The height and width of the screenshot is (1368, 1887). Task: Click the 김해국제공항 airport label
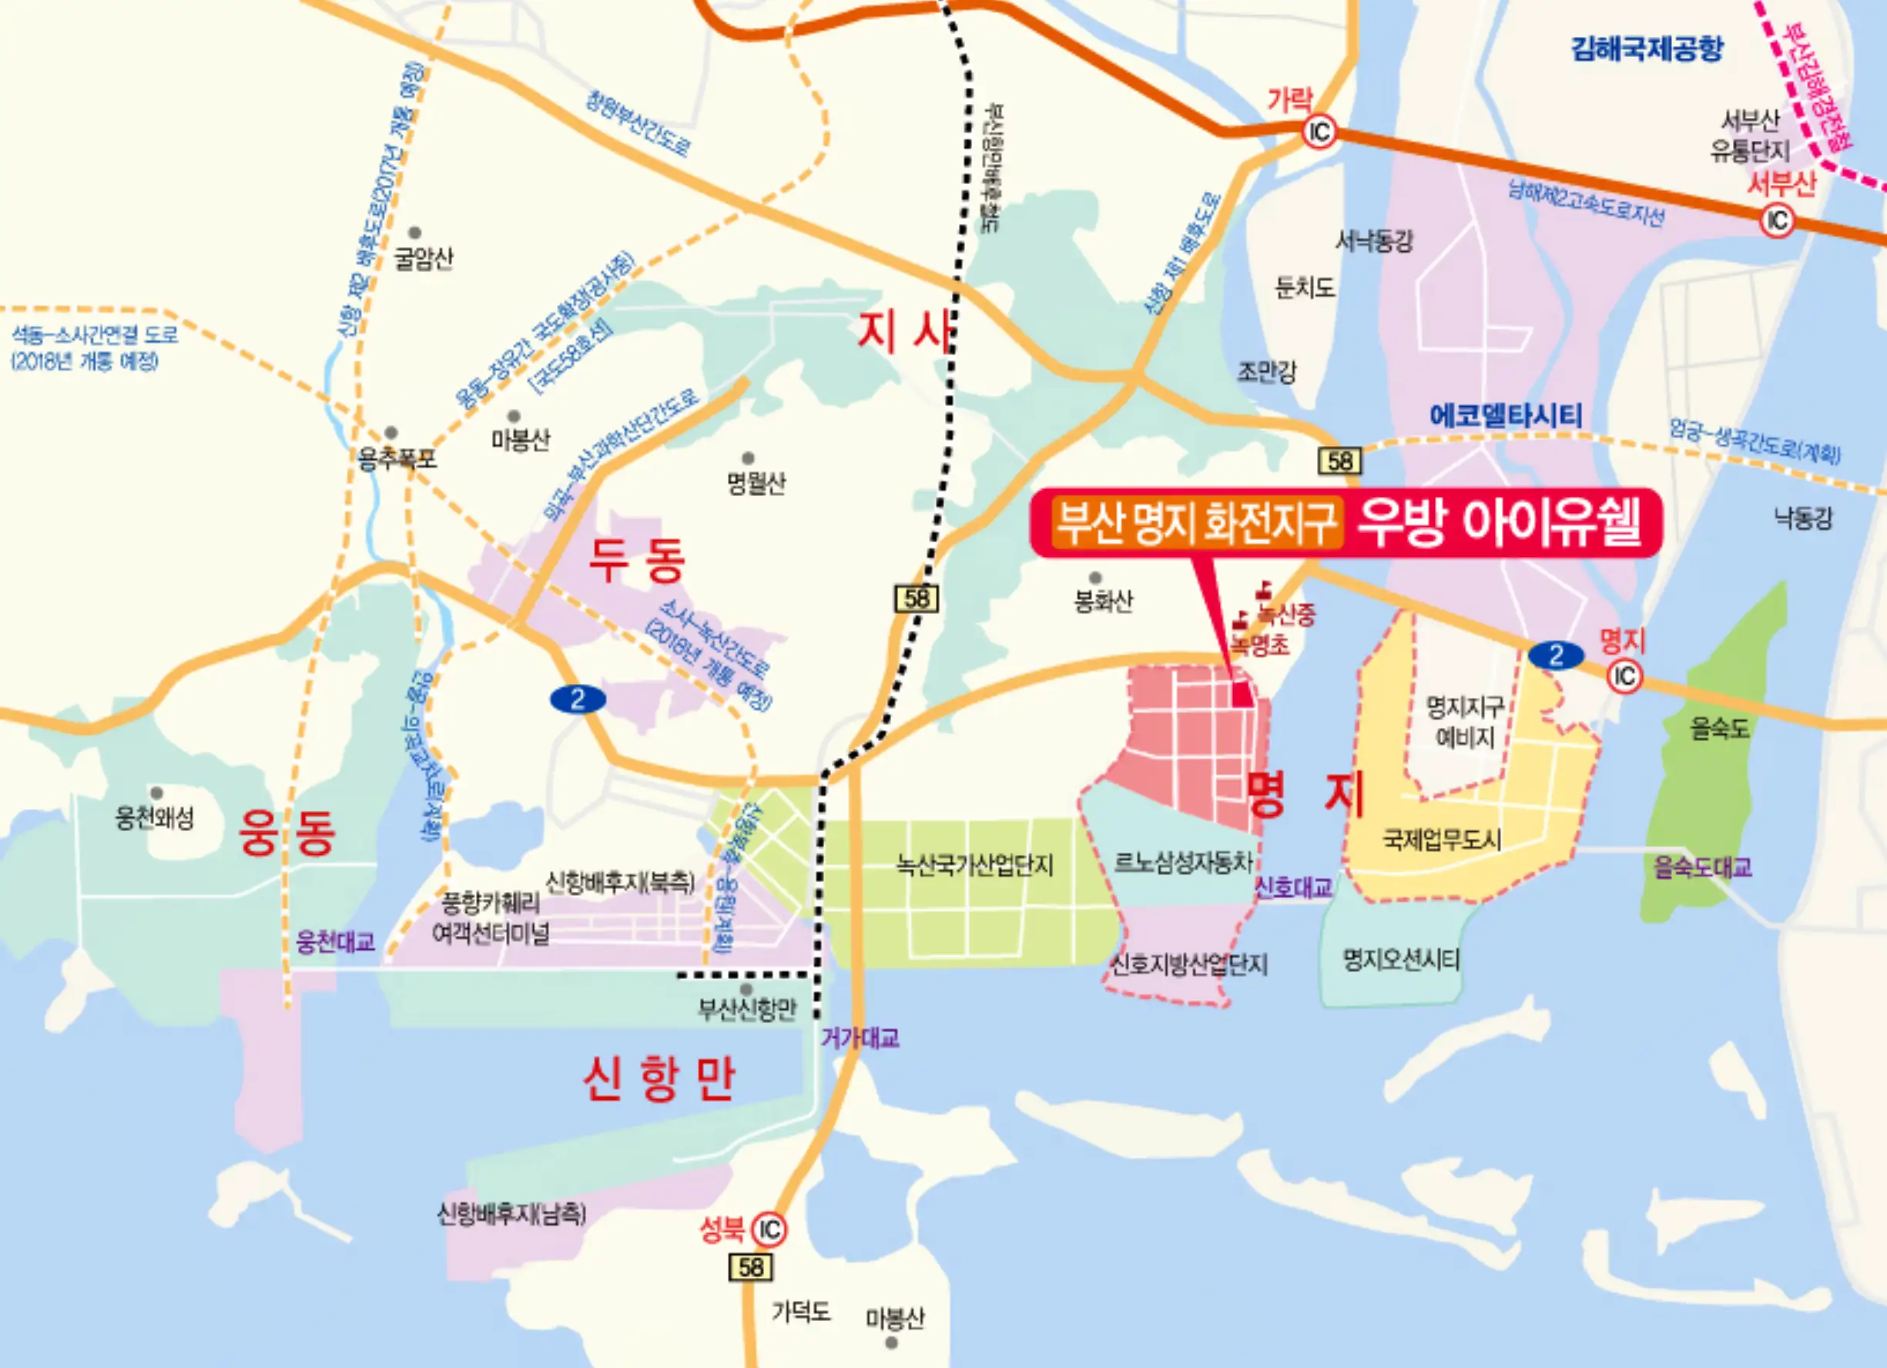tap(1647, 49)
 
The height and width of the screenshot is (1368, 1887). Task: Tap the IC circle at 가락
tap(1319, 132)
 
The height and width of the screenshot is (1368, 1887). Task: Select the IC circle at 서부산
tap(1777, 220)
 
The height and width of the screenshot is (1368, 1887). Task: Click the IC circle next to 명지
tap(1624, 676)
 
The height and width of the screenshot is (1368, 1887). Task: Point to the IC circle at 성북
tap(769, 1229)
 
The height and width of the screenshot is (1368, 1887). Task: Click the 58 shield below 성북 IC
tap(750, 1267)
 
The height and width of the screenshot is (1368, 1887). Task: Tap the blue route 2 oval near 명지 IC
tap(1556, 655)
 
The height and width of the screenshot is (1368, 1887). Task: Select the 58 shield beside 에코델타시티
tap(1339, 460)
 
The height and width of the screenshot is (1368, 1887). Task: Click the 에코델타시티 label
tap(1505, 415)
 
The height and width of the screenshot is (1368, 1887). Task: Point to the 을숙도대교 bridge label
tap(1702, 867)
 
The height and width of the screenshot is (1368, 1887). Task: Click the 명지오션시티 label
tap(1401, 961)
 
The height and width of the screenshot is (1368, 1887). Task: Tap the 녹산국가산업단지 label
tap(974, 866)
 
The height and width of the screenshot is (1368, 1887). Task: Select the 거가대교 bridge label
tap(860, 1038)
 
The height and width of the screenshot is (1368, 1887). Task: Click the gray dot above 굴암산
tap(414, 233)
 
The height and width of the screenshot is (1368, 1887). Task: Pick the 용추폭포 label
tap(396, 458)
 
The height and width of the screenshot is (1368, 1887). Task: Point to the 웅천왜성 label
tap(155, 817)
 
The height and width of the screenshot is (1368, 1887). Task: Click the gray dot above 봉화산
tap(1095, 578)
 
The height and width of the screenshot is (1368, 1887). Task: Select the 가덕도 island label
tap(800, 1313)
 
